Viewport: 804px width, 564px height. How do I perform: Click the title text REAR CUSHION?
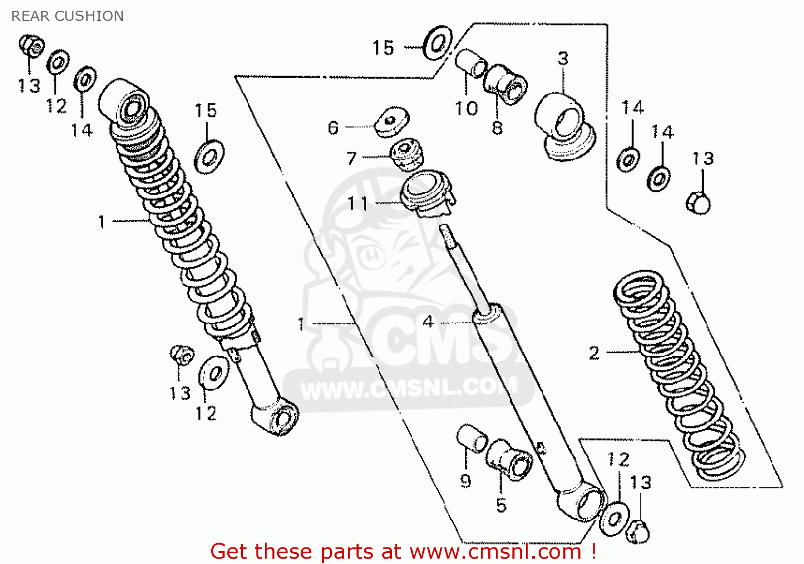[68, 16]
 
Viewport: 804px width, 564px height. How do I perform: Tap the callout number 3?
[563, 58]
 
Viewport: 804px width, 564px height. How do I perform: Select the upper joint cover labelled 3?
[564, 126]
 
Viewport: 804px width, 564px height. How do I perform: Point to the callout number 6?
[333, 128]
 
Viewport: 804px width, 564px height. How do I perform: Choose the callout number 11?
[358, 204]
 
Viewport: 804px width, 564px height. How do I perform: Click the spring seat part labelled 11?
[427, 194]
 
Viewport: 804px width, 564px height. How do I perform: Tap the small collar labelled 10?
[470, 63]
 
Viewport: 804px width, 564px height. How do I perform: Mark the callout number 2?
[594, 353]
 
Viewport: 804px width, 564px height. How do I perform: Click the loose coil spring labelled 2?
[679, 375]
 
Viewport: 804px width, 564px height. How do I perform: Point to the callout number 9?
[465, 481]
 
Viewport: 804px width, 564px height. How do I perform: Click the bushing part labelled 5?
[509, 459]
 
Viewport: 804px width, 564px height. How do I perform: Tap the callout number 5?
[501, 505]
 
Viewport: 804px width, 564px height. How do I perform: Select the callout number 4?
[428, 322]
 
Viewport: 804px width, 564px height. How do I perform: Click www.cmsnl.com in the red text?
[495, 551]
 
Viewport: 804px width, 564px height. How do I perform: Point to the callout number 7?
[352, 158]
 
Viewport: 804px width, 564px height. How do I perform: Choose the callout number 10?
[466, 109]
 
